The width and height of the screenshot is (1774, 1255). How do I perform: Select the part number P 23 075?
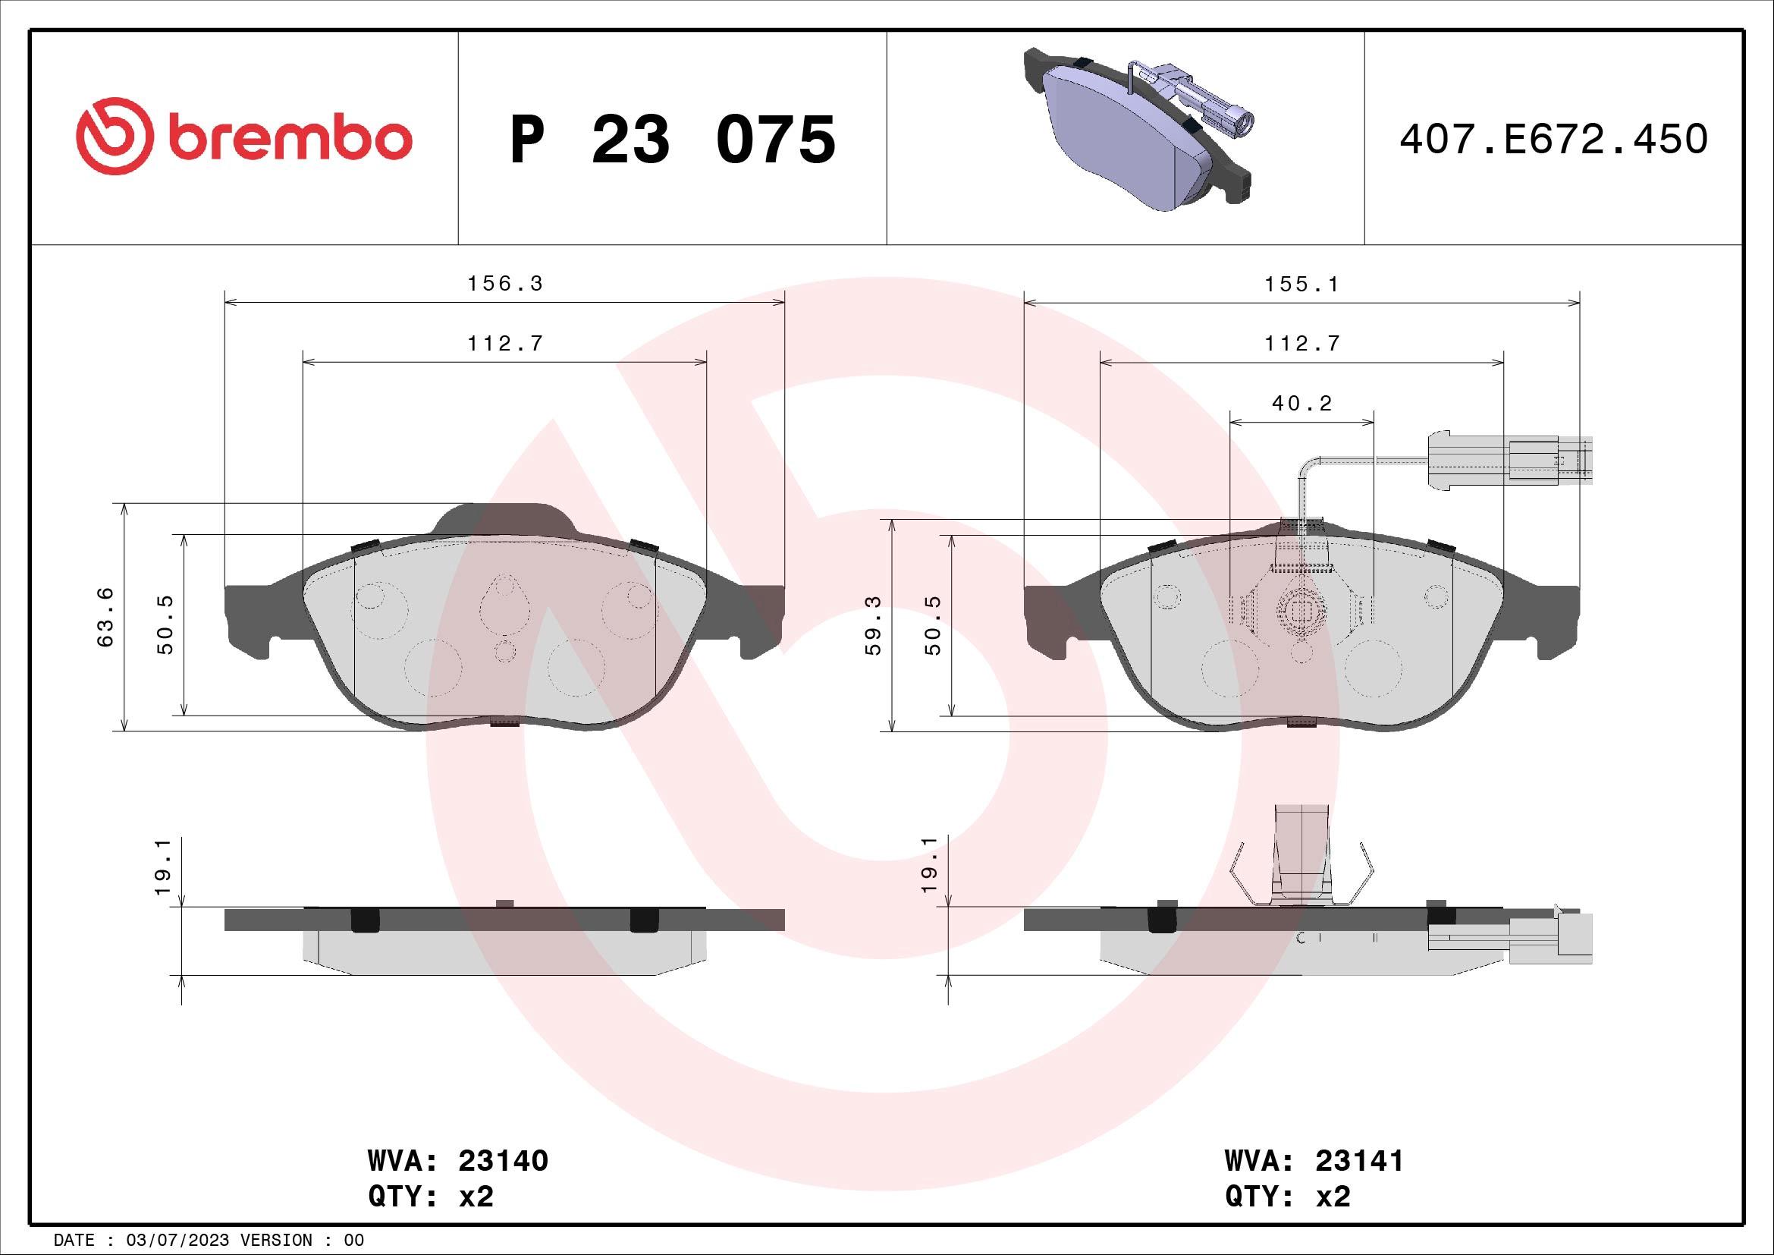click(x=672, y=140)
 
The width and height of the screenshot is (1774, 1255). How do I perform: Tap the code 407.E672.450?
click(x=1553, y=140)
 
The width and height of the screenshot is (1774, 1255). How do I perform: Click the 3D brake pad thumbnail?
click(x=1136, y=131)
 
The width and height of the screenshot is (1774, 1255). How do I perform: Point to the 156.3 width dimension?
click(x=505, y=284)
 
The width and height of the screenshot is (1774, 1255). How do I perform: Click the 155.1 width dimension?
click(x=1301, y=285)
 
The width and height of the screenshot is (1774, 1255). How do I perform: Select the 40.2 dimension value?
click(x=1302, y=404)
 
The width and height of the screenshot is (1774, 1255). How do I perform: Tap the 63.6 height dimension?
click(x=106, y=617)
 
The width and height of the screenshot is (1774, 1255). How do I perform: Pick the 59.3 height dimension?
click(x=873, y=625)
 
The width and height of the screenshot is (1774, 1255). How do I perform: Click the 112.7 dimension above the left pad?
click(x=505, y=343)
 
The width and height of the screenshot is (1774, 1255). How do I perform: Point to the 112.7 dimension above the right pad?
click(x=1302, y=343)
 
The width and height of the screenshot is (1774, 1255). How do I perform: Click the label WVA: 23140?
click(x=457, y=1162)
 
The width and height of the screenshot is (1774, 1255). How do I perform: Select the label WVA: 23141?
click(x=1314, y=1162)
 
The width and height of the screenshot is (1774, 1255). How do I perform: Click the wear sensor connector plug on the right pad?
click(x=1507, y=461)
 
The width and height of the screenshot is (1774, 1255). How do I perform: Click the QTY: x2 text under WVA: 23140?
click(x=430, y=1197)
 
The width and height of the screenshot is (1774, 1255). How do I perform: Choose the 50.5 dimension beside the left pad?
click(x=165, y=624)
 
